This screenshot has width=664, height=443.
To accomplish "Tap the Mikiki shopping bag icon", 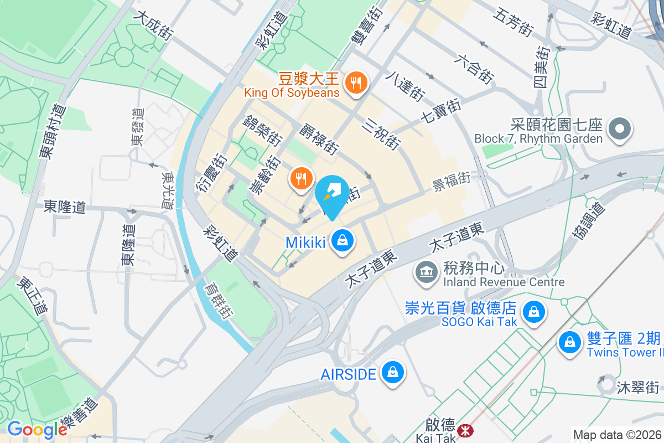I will (343, 241).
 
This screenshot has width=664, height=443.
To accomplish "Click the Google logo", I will (37, 429).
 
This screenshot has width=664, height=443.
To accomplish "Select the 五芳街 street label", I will (514, 22).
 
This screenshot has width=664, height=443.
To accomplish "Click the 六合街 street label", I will (474, 69).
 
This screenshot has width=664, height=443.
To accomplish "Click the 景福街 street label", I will (452, 181).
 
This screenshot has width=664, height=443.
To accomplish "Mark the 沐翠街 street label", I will (638, 387).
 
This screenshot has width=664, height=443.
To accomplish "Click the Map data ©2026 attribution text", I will (617, 435).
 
